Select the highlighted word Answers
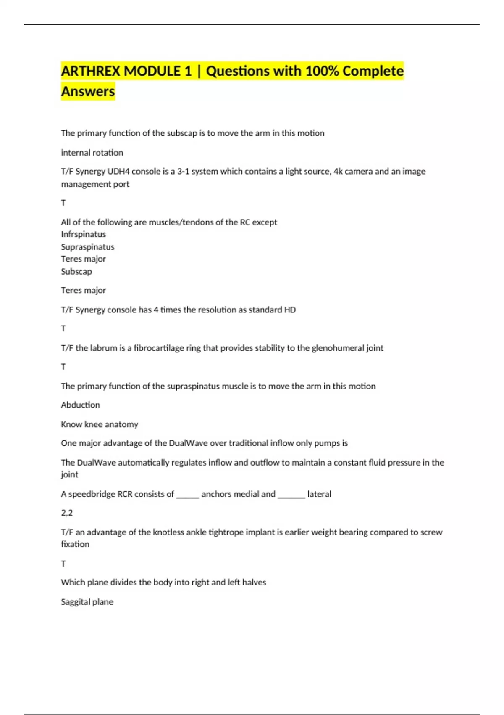pyautogui.click(x=88, y=91)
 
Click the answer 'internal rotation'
pyautogui.click(x=92, y=153)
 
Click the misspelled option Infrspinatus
pyautogui.click(x=83, y=234)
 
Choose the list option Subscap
pyautogui.click(x=76, y=272)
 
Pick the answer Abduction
pyautogui.click(x=80, y=405)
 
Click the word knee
pyautogui.click(x=93, y=424)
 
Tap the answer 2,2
pyautogui.click(x=66, y=513)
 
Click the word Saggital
pyautogui.click(x=75, y=602)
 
